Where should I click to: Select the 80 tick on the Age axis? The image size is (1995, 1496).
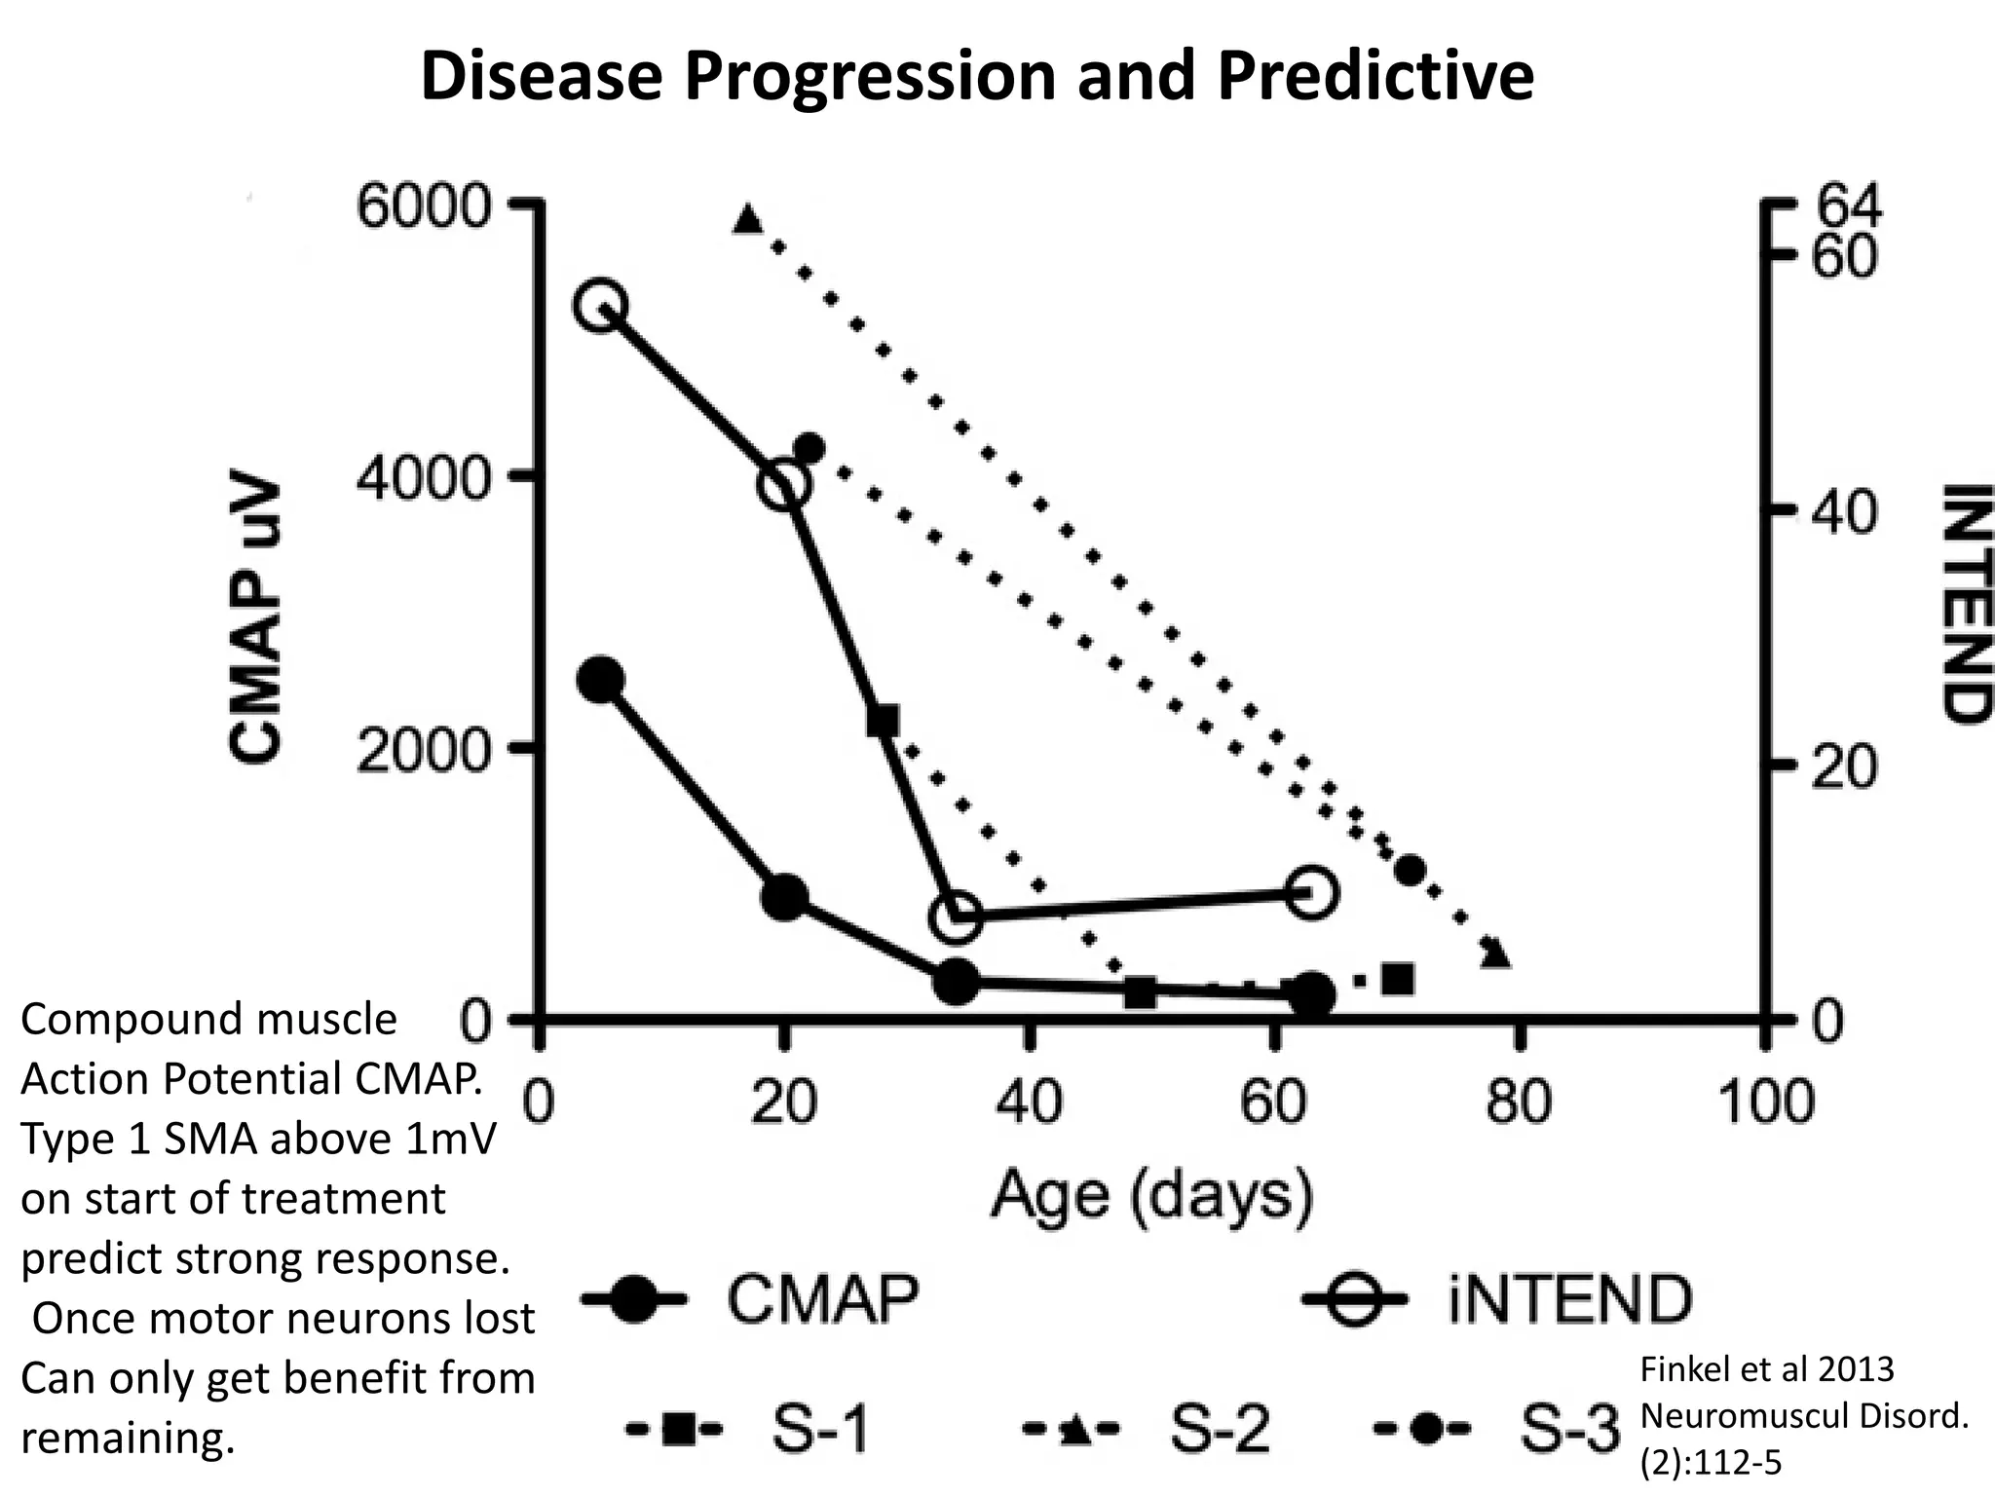point(1518,1103)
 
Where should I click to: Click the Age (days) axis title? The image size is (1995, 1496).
point(1152,1194)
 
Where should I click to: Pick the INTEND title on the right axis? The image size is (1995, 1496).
point(1961,603)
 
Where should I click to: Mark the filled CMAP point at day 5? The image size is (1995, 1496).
point(601,680)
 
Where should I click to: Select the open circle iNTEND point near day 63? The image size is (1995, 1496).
point(1311,892)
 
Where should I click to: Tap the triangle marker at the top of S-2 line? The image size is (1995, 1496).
point(747,218)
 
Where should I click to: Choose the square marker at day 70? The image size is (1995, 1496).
point(1398,979)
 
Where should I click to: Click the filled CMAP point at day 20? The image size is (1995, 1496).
point(784,896)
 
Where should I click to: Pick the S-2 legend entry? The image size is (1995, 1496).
point(1149,1430)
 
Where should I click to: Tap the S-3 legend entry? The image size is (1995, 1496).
point(1500,1430)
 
